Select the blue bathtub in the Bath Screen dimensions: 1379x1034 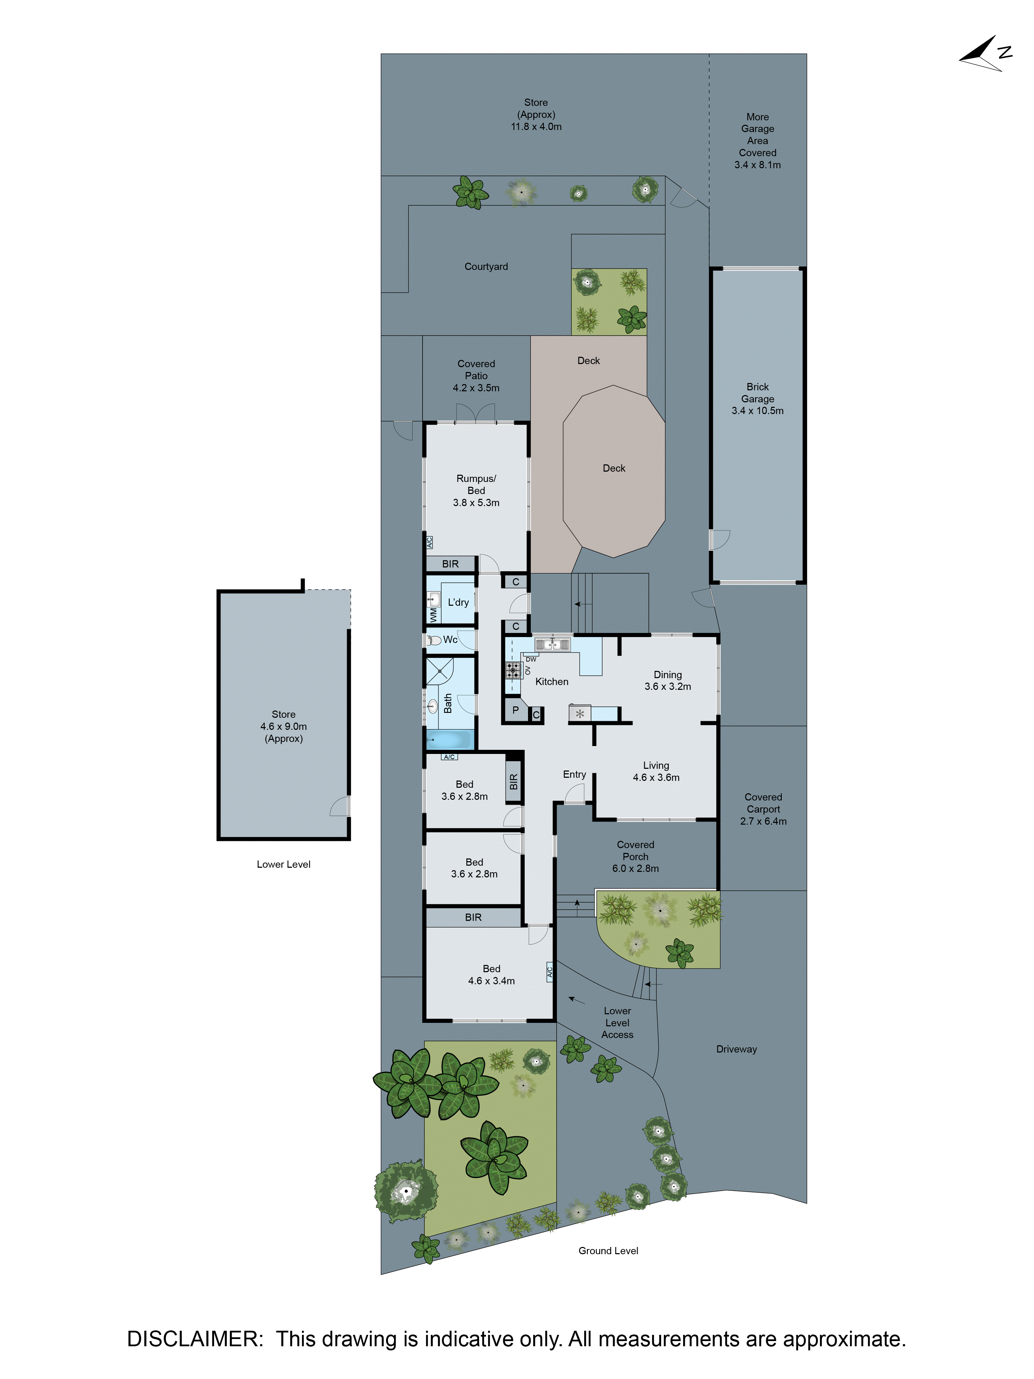coord(448,740)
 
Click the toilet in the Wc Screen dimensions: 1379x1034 coord(434,640)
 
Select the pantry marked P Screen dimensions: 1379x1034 coord(515,710)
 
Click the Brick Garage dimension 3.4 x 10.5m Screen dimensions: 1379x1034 coord(757,411)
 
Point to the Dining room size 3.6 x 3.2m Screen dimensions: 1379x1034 coord(668,686)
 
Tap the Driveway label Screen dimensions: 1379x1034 coord(736,1049)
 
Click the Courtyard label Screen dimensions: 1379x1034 coord(486,267)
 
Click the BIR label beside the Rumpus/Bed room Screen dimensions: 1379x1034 coord(450,564)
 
